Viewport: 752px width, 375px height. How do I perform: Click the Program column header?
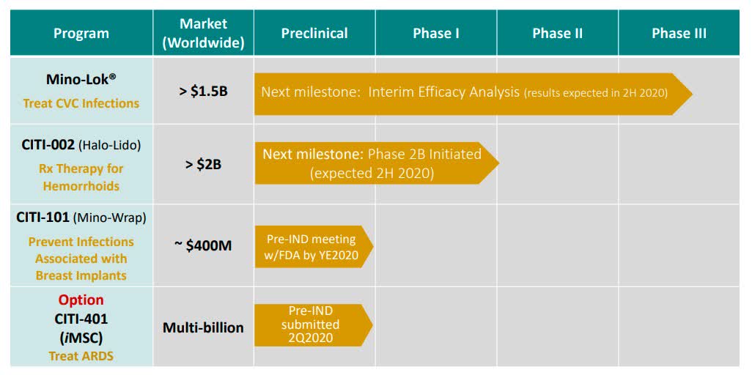click(x=81, y=33)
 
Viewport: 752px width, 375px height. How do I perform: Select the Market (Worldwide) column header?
click(x=203, y=33)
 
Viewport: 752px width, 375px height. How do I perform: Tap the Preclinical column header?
click(x=314, y=33)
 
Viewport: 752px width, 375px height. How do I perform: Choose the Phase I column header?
click(x=436, y=33)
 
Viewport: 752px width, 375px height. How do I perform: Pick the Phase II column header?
click(x=557, y=33)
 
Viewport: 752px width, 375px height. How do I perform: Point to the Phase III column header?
click(x=679, y=33)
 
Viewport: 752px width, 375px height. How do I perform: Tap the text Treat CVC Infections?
click(x=81, y=103)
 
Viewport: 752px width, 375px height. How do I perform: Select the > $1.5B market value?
click(x=203, y=93)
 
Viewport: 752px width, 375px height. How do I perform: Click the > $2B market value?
click(x=203, y=164)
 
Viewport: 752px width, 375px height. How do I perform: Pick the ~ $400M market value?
click(x=203, y=245)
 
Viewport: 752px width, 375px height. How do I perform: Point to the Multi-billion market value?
click(x=203, y=327)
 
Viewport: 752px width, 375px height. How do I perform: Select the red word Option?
click(x=81, y=300)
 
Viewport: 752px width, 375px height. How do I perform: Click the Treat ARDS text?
click(x=81, y=356)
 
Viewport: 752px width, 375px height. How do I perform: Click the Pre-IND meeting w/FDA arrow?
click(x=311, y=246)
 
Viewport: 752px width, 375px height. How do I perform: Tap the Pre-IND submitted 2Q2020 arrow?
click(x=311, y=325)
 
